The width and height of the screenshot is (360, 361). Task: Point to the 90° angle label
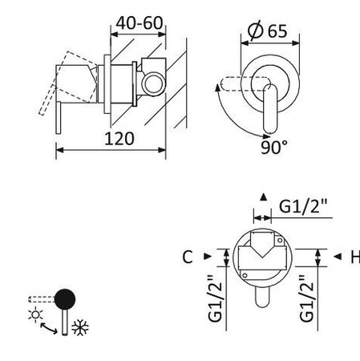pyautogui.click(x=273, y=147)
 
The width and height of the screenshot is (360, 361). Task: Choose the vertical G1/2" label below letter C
pyautogui.click(x=214, y=298)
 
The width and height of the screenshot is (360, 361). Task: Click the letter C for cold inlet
pyautogui.click(x=187, y=257)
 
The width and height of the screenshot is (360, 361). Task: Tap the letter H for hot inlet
pyautogui.click(x=354, y=257)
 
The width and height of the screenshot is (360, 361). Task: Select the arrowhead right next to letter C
pyautogui.click(x=207, y=257)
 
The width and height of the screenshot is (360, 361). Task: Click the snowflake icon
pyautogui.click(x=79, y=327)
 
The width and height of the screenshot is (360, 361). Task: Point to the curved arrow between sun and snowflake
pyautogui.click(x=50, y=327)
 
